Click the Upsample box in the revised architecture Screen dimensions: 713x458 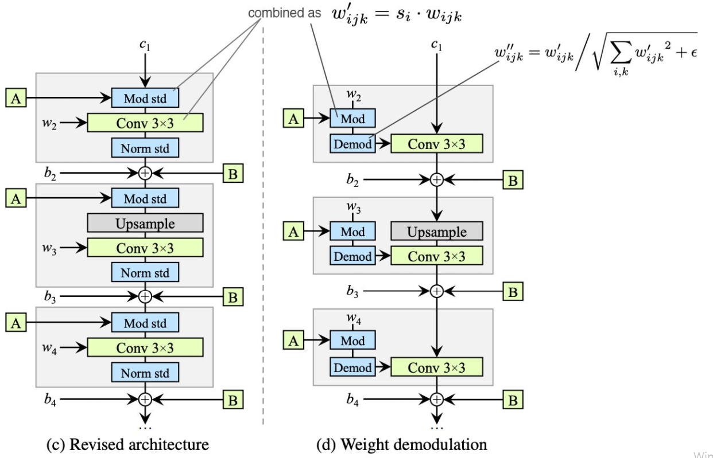tap(145, 223)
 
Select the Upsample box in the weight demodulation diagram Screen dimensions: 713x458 tap(437, 231)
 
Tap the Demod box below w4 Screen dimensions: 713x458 tap(352, 367)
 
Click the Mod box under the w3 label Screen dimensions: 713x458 tap(352, 231)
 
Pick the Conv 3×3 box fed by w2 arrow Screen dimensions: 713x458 tap(145, 123)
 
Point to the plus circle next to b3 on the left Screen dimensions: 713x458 tap(145, 296)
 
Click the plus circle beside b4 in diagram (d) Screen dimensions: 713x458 tap(437, 399)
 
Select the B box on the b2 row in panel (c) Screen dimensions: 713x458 tap(233, 173)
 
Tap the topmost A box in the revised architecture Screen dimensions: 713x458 tap(16, 98)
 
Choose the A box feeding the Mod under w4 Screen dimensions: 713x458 tap(293, 340)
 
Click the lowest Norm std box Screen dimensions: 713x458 tap(145, 373)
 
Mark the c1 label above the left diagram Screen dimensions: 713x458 tap(145, 45)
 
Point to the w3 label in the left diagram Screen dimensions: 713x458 tap(49, 248)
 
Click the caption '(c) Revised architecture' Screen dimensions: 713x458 tap(127, 444)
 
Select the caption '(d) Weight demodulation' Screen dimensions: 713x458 tap(402, 444)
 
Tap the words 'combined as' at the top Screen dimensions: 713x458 tap(285, 13)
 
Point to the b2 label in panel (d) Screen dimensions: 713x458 tap(352, 180)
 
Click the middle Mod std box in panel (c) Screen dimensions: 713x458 tap(145, 198)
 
